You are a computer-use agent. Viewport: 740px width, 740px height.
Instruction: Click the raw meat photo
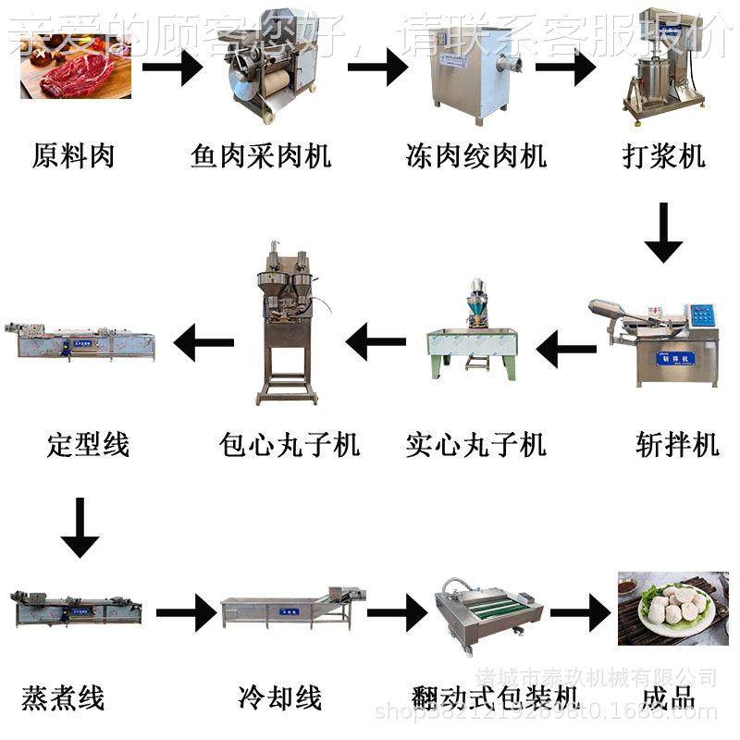pos(75,69)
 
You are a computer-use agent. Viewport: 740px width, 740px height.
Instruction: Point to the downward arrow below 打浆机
pos(663,233)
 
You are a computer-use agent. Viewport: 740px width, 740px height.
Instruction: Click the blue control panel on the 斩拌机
pos(705,314)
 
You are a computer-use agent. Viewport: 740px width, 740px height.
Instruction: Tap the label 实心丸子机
pos(475,445)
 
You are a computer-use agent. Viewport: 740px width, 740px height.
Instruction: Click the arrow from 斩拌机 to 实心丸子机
pos(567,350)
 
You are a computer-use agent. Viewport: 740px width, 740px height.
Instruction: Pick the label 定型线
pos(88,445)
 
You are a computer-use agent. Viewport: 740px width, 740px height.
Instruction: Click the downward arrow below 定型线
pos(80,527)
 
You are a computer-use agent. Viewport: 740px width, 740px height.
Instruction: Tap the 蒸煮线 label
pos(63,697)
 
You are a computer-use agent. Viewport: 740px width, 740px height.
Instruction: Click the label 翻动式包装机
pos(494,697)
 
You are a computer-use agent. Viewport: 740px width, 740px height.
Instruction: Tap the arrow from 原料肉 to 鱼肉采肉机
pos(172,68)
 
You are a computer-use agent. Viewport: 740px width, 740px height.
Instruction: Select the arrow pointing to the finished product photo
pos(581,612)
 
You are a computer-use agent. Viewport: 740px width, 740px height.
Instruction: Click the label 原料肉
pos(73,155)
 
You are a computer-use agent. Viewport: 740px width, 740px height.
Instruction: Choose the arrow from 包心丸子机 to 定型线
pos(203,343)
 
